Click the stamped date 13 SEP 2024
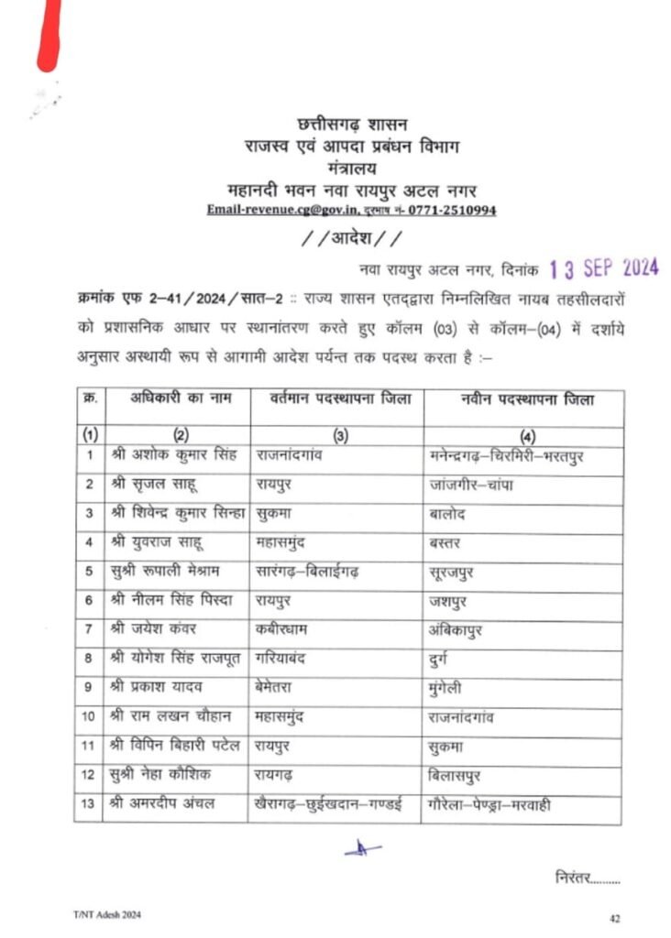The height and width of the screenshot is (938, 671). (604, 268)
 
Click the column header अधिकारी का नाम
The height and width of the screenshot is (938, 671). (179, 399)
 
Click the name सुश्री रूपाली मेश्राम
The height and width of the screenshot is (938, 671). (167, 572)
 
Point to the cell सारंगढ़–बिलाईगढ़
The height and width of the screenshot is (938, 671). (308, 572)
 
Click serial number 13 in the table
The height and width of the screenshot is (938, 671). (89, 806)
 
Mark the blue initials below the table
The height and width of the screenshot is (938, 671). (363, 850)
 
